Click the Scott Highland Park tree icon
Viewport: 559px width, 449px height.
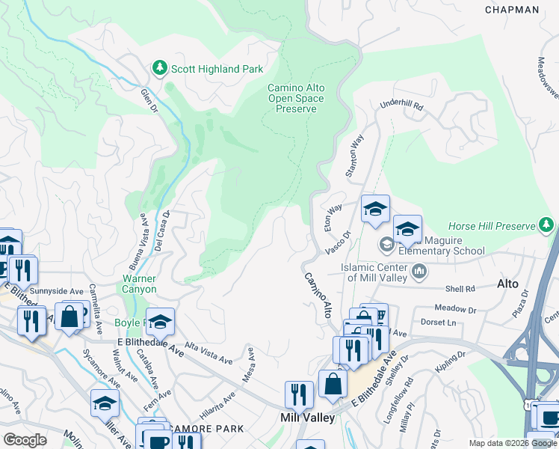coord(159,69)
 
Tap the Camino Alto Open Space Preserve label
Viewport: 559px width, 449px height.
coord(296,98)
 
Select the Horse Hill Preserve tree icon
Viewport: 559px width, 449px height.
coord(547,225)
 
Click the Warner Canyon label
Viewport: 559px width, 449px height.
coord(140,284)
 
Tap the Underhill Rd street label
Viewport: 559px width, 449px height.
coord(402,106)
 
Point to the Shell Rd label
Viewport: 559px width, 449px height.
coord(460,289)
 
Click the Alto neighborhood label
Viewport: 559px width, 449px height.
coord(508,284)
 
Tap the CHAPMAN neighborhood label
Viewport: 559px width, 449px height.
coord(511,10)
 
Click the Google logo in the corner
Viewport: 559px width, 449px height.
coord(25,440)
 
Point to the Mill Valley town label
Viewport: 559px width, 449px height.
coord(307,418)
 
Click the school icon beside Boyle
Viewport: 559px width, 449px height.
coord(160,322)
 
